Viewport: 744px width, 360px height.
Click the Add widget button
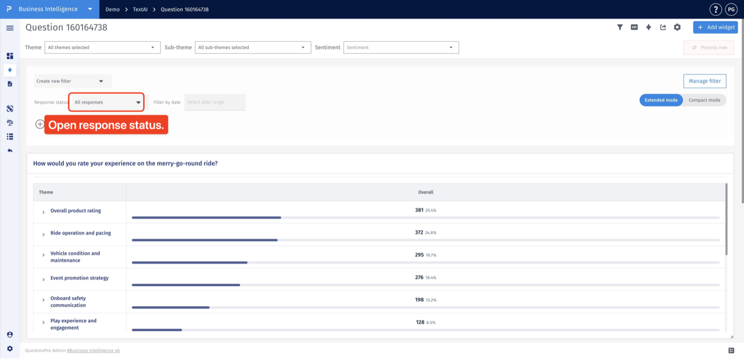715,27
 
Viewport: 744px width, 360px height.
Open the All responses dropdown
106,102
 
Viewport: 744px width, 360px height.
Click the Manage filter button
704,81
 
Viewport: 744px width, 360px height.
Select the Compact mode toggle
704,100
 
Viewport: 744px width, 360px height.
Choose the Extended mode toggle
661,100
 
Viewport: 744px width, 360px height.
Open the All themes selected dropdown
102,48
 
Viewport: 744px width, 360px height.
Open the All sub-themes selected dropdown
253,48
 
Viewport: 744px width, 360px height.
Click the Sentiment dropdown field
401,48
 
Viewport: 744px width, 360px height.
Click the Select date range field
214,102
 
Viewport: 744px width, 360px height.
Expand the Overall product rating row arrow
44,212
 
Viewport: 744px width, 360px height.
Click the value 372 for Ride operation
419,233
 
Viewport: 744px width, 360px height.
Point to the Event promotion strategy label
80,278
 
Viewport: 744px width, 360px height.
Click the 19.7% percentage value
431,255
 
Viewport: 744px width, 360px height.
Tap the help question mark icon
716,9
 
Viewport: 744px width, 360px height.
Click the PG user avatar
731,9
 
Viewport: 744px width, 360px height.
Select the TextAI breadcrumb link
140,9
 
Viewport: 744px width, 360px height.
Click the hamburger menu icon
10,28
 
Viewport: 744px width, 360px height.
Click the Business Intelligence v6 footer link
94,350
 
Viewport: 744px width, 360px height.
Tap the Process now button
709,48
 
